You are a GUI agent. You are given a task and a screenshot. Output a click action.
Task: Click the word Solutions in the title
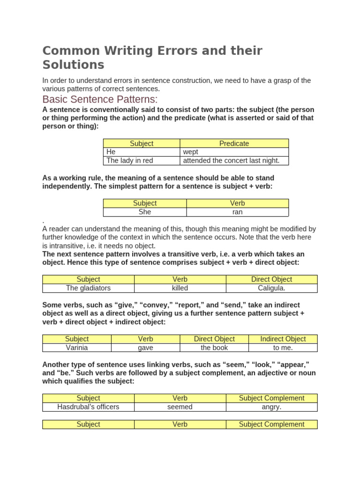pos(73,65)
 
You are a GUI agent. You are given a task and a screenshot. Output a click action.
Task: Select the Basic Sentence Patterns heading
pos(100,99)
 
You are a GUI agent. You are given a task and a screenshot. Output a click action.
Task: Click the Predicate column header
pos(234,143)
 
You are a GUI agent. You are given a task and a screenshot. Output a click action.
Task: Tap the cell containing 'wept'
pos(234,152)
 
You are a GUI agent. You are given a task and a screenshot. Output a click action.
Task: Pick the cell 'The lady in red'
pos(142,160)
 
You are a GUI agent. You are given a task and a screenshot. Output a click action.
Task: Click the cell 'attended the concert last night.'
pos(234,160)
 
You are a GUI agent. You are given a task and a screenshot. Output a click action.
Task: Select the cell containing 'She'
pos(145,212)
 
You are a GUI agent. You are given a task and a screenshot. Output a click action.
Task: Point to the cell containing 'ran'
pos(237,212)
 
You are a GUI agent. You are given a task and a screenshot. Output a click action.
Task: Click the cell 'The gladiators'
pos(88,288)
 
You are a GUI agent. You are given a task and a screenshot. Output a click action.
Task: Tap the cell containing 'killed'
pos(180,288)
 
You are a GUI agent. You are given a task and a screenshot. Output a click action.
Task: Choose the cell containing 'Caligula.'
pos(271,288)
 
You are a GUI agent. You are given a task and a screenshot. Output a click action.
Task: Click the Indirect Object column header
pos(283,339)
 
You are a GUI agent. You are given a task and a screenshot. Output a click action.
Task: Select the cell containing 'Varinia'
pos(77,348)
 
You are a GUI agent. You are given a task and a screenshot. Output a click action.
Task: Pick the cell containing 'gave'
pos(145,348)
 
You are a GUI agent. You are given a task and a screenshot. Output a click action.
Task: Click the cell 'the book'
pos(214,348)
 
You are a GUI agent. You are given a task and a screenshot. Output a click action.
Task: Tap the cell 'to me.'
pos(283,348)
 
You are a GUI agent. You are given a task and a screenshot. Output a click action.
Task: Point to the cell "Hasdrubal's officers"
pos(88,407)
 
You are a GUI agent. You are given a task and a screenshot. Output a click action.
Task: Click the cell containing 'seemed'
pos(180,407)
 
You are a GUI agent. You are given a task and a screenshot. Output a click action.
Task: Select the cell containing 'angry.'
pos(271,407)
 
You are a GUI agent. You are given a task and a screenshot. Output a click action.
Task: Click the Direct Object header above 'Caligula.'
pos(271,279)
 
